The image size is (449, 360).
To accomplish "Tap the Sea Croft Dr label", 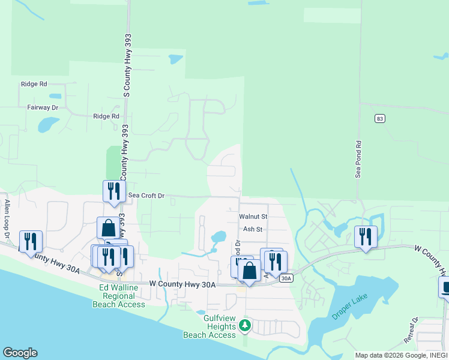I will [145, 196].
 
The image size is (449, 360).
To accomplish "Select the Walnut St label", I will [253, 216].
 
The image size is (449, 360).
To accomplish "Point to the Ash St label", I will [253, 229].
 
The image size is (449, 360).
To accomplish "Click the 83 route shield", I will [379, 119].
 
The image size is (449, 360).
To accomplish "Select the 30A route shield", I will [286, 278].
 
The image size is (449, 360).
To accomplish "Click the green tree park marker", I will [244, 326].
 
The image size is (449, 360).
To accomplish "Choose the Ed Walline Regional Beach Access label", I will [119, 296].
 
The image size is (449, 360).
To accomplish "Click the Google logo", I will [19, 353].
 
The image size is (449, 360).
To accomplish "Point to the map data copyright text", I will [400, 355].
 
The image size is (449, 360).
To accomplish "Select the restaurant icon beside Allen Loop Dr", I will [31, 241].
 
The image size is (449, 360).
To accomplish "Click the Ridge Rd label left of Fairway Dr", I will [34, 85].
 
